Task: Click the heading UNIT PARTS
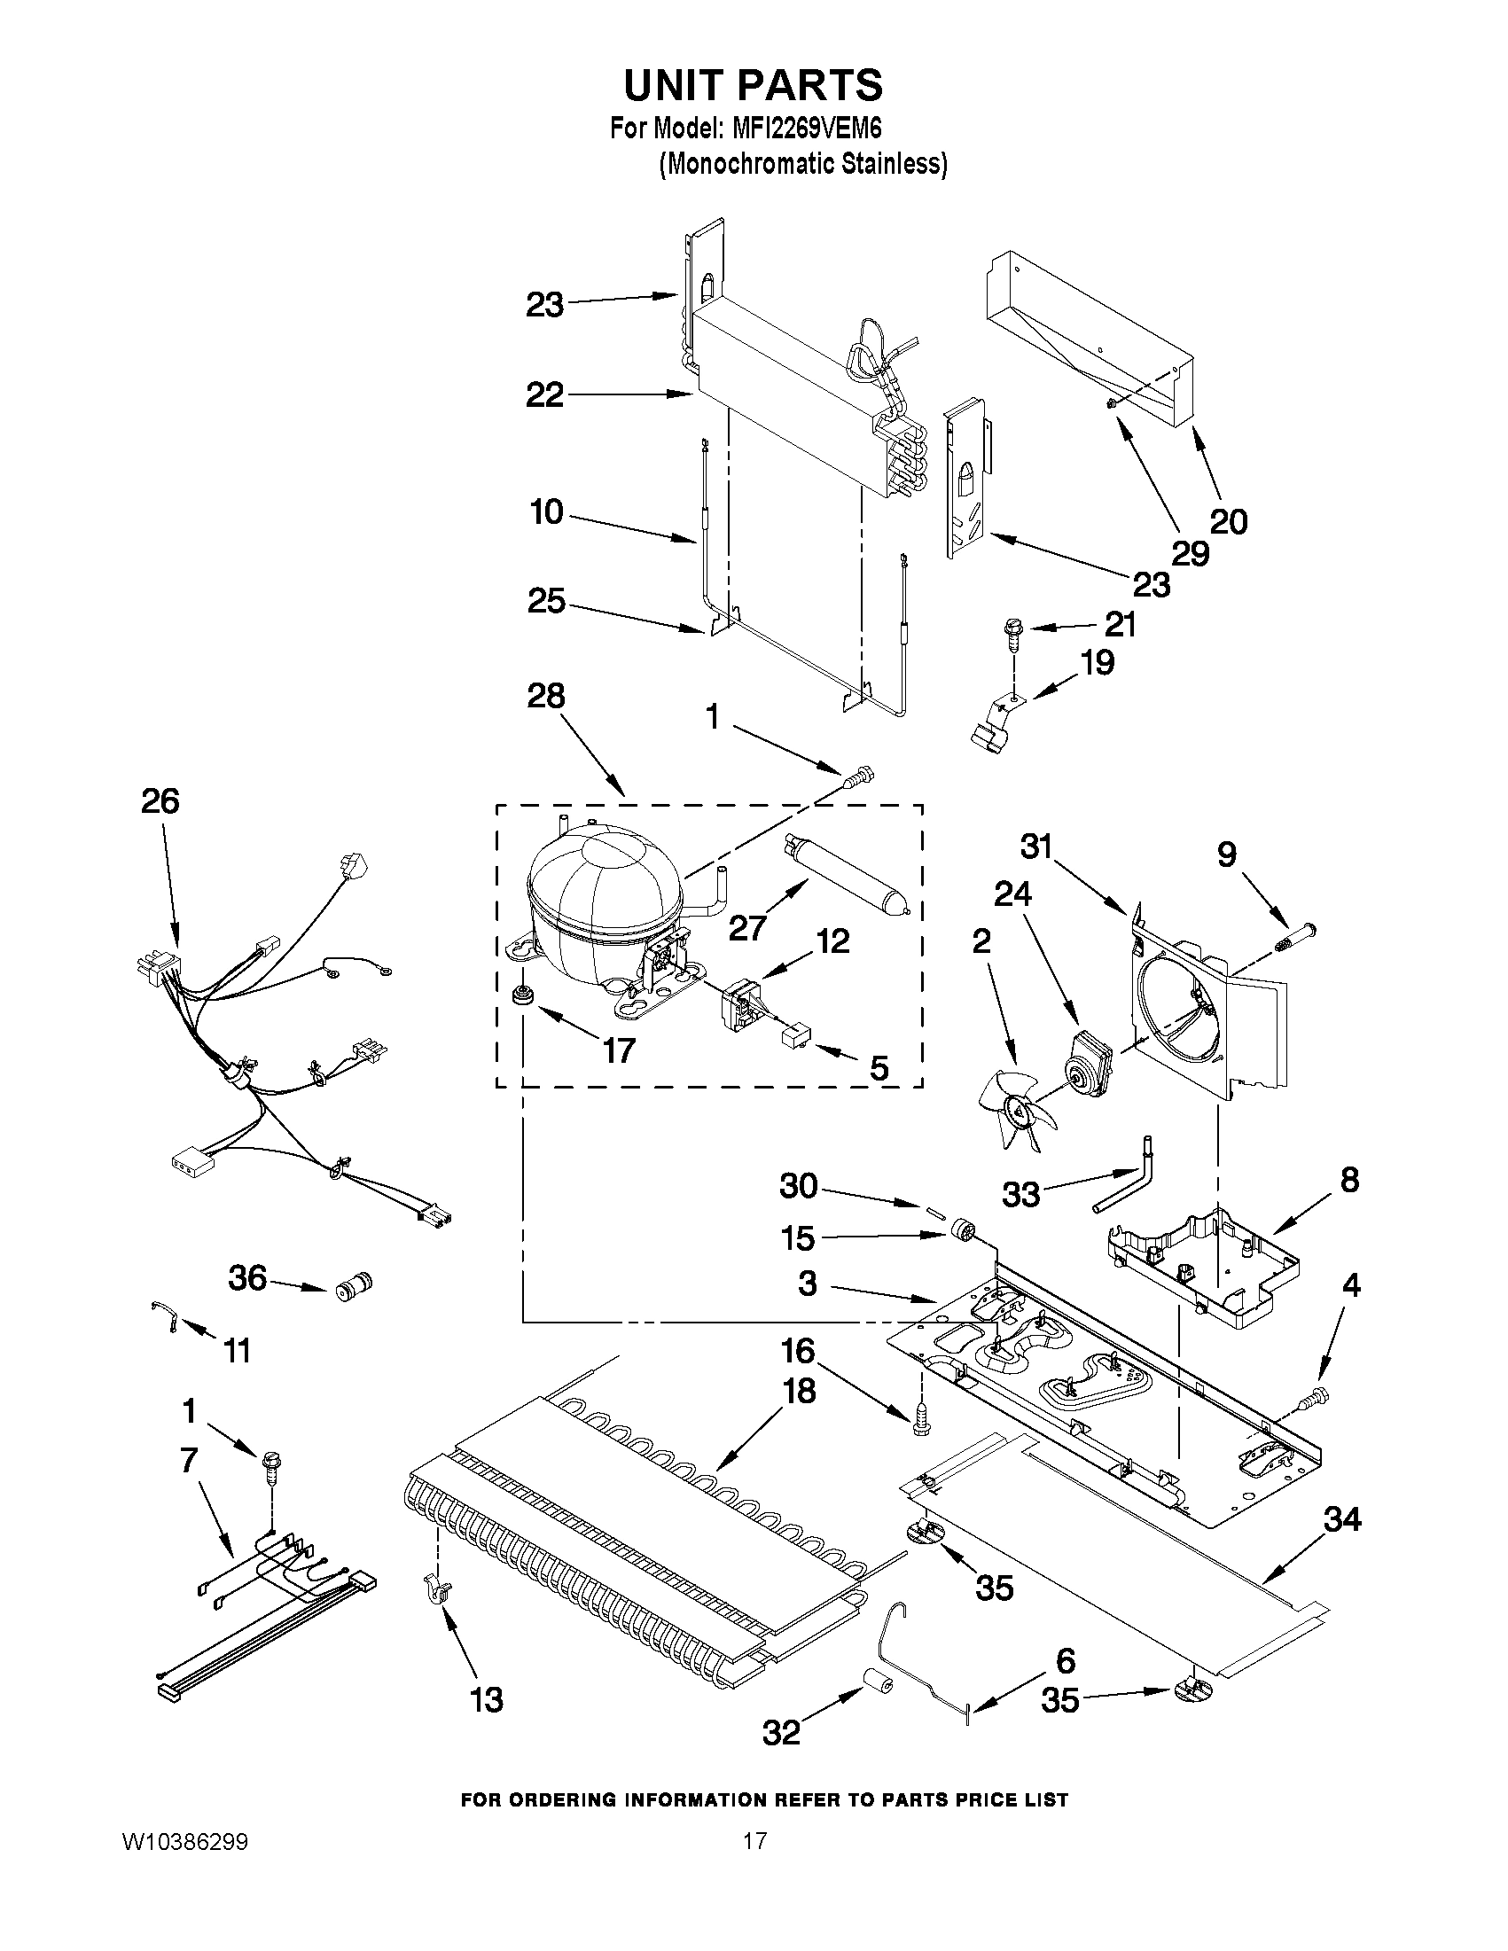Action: click(x=753, y=86)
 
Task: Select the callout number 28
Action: click(x=546, y=696)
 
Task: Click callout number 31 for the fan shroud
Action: click(x=1036, y=846)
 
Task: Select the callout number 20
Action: click(x=1228, y=521)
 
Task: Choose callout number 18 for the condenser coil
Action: click(x=798, y=1390)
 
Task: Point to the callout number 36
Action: click(x=247, y=1277)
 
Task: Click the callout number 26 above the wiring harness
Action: click(x=160, y=800)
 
